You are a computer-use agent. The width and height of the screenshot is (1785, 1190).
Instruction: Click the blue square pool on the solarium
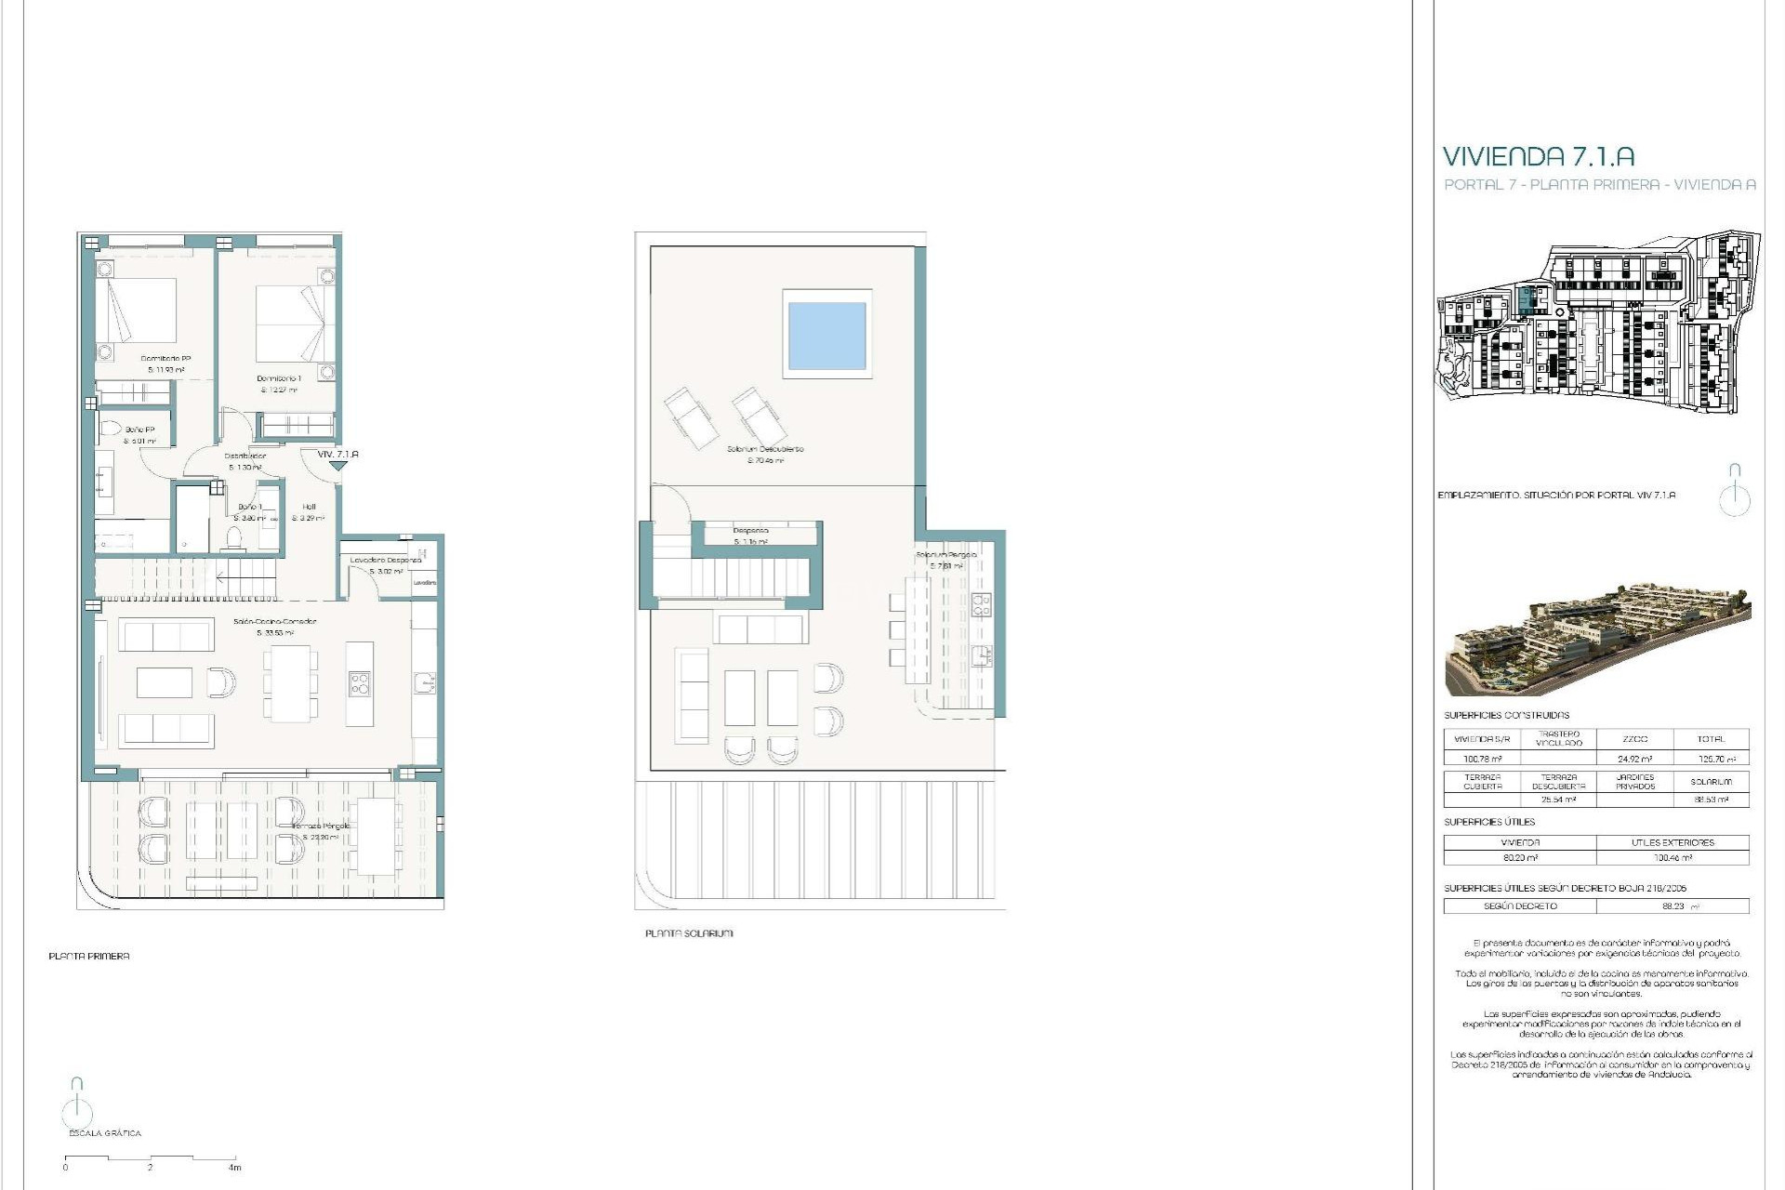(826, 335)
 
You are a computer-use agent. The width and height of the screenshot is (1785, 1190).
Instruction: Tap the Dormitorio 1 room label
(278, 378)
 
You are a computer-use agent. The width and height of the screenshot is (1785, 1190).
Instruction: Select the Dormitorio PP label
(165, 359)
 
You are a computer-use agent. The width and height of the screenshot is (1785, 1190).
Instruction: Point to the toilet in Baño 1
(234, 537)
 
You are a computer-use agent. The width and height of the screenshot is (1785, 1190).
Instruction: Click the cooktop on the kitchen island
(359, 684)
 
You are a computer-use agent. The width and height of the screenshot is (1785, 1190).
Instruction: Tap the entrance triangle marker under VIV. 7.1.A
(337, 466)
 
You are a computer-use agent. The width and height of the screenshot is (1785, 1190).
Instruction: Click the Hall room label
(309, 507)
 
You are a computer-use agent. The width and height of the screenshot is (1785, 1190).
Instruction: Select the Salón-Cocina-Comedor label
(274, 621)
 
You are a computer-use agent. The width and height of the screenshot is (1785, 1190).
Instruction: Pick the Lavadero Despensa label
(385, 561)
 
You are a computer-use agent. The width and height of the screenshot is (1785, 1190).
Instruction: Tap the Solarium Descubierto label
(765, 449)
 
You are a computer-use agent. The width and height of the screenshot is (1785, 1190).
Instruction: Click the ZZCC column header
(1634, 739)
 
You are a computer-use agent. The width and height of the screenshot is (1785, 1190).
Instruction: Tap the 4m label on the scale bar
(234, 1168)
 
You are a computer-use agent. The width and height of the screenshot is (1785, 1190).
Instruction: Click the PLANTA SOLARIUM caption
(689, 933)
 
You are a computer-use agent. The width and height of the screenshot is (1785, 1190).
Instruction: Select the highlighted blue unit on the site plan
(1526, 300)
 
